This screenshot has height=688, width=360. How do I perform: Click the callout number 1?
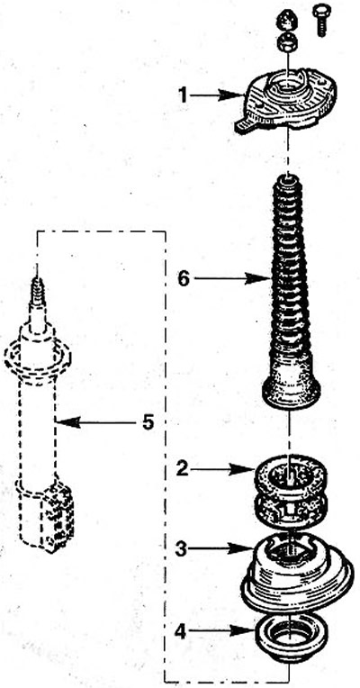pyautogui.click(x=183, y=95)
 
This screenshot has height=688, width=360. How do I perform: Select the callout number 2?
pyautogui.click(x=183, y=469)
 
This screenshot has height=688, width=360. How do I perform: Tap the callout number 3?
pyautogui.click(x=182, y=549)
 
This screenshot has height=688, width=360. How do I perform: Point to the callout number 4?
pyautogui.click(x=182, y=632)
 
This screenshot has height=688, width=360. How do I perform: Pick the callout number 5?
pyautogui.click(x=148, y=422)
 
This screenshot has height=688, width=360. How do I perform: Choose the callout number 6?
pyautogui.click(x=184, y=278)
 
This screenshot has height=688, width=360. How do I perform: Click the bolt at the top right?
pyautogui.click(x=321, y=20)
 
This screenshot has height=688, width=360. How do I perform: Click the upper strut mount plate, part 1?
pyautogui.click(x=286, y=101)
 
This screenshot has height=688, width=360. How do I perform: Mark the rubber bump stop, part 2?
pyautogui.click(x=291, y=492)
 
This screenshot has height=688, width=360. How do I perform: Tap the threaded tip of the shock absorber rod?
pyautogui.click(x=37, y=292)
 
